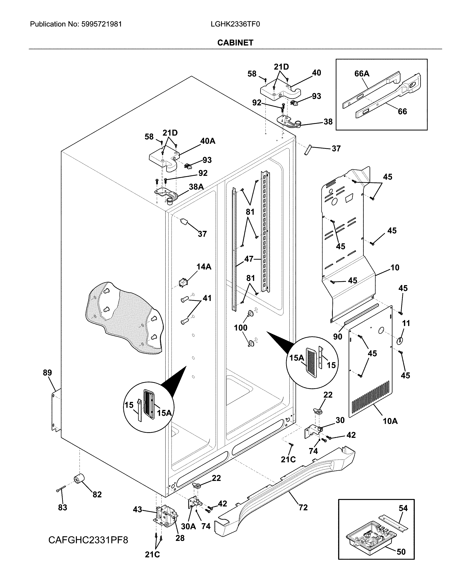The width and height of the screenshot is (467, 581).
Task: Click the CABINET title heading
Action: pos(235,43)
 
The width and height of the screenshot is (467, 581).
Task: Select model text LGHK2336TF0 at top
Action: pos(235,24)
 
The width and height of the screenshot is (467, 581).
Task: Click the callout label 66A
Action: pos(362,74)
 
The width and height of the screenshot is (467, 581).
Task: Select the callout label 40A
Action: pos(208,141)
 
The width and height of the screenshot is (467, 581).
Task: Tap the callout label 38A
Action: pos(196,187)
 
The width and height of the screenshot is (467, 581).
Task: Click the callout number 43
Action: pos(137,509)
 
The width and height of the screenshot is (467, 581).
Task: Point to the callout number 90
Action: pos(337,336)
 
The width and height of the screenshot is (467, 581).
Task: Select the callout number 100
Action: pos(240,328)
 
